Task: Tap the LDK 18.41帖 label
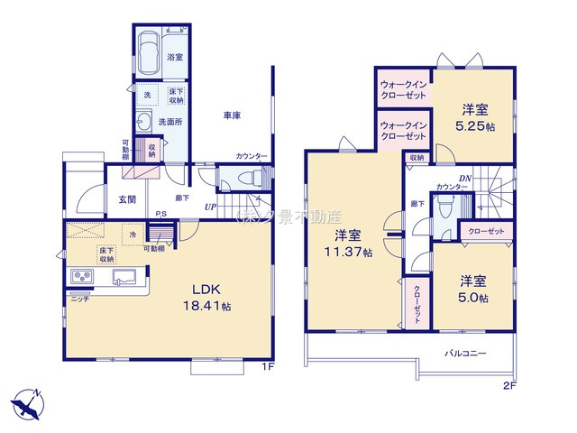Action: click(x=211, y=299)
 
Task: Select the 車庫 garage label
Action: click(x=232, y=115)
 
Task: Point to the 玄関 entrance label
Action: click(x=127, y=200)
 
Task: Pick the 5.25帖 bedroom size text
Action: click(x=477, y=126)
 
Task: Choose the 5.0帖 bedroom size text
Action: click(x=472, y=298)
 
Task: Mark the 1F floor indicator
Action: click(x=267, y=366)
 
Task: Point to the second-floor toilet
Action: click(x=444, y=208)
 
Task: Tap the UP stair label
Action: click(x=210, y=207)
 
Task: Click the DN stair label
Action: click(x=465, y=178)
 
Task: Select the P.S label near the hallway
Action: click(x=160, y=213)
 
